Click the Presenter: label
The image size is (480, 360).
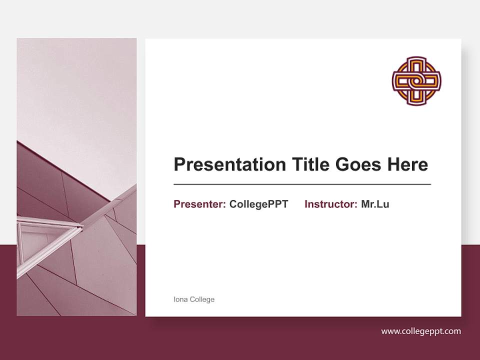[199, 204]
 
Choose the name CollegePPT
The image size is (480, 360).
[258, 204]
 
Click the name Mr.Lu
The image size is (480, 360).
[375, 204]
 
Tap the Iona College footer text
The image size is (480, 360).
[193, 299]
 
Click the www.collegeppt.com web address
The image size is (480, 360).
[421, 331]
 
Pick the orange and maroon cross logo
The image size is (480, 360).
[416, 81]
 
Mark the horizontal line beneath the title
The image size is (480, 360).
[302, 184]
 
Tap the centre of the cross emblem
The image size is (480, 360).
[416, 81]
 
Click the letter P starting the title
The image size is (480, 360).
[179, 164]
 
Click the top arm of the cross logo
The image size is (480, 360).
[416, 62]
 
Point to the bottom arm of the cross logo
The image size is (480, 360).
[416, 99]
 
